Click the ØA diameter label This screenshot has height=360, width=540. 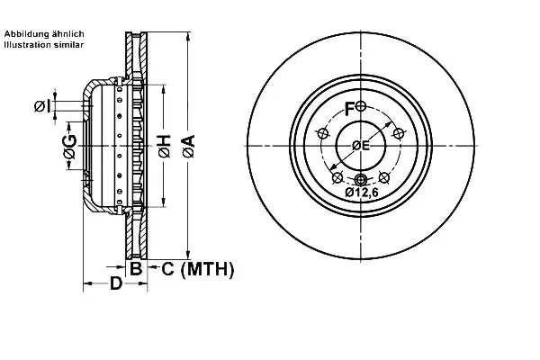coord(189,147)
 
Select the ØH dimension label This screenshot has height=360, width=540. coord(165,147)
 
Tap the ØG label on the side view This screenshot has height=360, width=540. coord(70,147)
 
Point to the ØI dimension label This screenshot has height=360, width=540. coord(42,106)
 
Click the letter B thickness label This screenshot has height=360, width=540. coord(136,268)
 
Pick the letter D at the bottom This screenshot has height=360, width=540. coord(116,283)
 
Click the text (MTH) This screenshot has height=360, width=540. coord(207,269)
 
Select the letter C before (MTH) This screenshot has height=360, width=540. coord(167,268)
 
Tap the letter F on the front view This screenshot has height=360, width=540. coord(349,109)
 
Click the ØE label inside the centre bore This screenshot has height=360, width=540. coord(361,146)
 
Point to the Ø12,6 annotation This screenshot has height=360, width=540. coord(361,193)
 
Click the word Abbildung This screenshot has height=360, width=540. coord(27,34)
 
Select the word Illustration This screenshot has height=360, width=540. coord(26,44)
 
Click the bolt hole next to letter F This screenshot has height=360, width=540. coord(361,106)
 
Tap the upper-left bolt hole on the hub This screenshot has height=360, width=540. coord(323,133)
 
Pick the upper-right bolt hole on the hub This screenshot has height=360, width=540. coord(399,133)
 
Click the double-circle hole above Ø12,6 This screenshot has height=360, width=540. coord(361,179)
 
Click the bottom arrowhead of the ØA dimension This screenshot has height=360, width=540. coord(188,256)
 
